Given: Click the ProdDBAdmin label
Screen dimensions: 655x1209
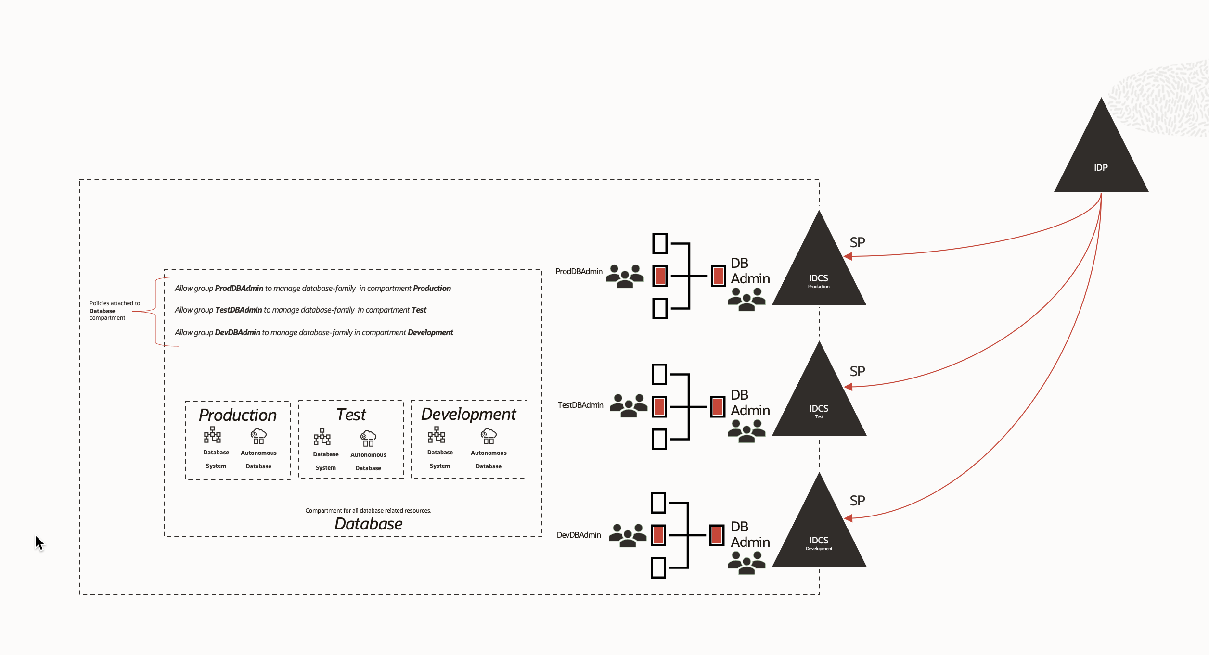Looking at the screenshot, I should pos(579,272).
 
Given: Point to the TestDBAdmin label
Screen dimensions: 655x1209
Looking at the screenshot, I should pos(580,405).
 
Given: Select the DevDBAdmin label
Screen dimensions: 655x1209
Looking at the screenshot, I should pos(579,535).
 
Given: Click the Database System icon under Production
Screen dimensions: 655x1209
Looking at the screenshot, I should pos(212,435).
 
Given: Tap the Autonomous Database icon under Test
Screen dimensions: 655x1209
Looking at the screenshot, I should pos(368,438).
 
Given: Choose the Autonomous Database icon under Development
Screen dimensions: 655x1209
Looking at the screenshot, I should pos(489,436).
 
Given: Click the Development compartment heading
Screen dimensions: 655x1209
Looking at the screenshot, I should pos(468,414).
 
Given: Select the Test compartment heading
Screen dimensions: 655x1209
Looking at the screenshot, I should pos(351,415).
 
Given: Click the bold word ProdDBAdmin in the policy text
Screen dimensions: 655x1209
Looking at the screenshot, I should pos(239,289).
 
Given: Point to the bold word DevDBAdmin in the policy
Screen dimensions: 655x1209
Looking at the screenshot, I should pos(237,333).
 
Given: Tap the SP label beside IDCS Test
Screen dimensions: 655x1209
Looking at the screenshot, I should pos(857,371).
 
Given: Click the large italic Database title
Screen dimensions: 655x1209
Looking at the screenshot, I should pos(368,524).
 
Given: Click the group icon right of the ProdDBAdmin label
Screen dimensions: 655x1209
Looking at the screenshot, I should pos(625,276).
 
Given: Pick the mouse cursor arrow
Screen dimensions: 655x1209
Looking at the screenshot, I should pos(39,542).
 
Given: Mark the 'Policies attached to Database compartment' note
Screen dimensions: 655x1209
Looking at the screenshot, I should pos(114,311).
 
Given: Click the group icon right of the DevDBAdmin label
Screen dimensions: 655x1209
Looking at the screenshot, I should pos(628,535).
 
